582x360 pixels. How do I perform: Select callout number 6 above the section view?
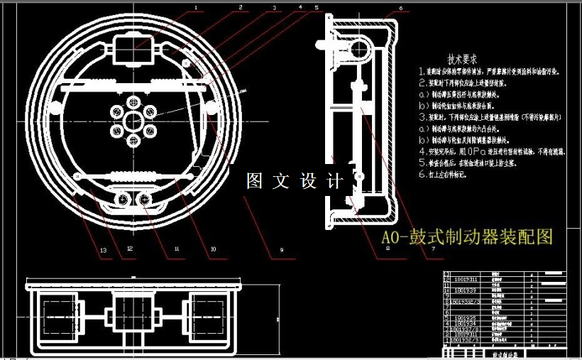pyautogui.click(x=400, y=9)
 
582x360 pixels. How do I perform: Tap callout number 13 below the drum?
pyautogui.click(x=104, y=251)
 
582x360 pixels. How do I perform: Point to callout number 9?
pyautogui.click(x=282, y=251)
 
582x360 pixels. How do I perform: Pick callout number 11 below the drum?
pyautogui.click(x=177, y=249)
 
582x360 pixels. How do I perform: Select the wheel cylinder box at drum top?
pyautogui.click(x=134, y=52)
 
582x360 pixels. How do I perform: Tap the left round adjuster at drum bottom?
pyautogui.click(x=124, y=200)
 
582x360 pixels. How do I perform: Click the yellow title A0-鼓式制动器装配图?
pyautogui.click(x=467, y=236)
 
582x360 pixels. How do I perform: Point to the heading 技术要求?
pyautogui.click(x=462, y=60)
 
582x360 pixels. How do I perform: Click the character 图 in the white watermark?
pyautogui.click(x=254, y=181)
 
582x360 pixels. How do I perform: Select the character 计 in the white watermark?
pyautogui.click(x=333, y=181)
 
